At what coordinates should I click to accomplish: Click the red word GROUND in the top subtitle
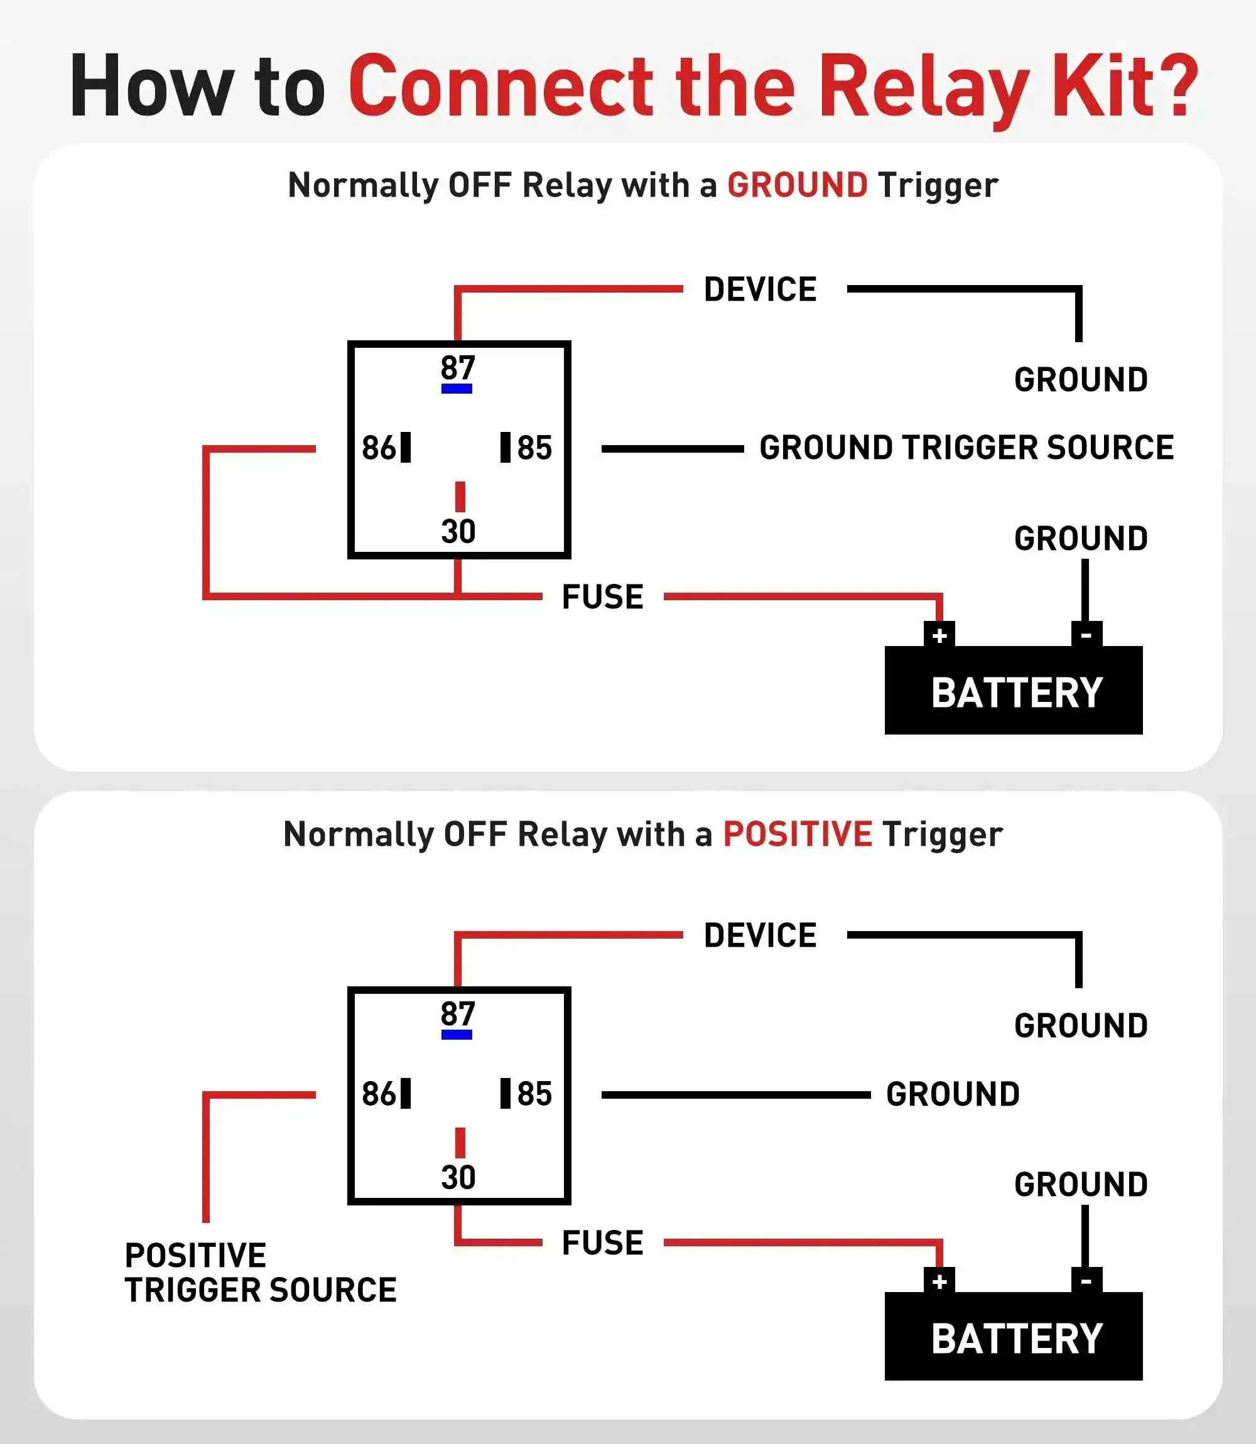point(797,186)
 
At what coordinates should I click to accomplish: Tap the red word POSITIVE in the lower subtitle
point(798,834)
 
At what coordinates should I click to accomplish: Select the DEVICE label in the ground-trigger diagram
point(761,289)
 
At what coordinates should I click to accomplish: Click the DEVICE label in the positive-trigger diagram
point(761,935)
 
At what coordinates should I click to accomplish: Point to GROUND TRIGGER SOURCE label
point(966,448)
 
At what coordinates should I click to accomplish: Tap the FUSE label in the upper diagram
point(603,597)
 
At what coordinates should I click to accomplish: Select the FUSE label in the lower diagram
point(603,1243)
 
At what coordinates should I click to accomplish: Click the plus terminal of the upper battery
point(939,635)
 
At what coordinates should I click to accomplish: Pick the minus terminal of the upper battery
point(1086,635)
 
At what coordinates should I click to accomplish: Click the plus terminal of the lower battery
point(939,1281)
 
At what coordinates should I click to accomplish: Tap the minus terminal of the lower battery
point(1086,1281)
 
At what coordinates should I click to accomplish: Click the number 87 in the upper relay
point(458,368)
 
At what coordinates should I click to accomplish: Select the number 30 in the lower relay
point(458,1177)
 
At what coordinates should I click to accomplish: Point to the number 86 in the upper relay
point(379,448)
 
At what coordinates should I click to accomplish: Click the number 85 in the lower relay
point(535,1094)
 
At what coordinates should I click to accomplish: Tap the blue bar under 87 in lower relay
point(457,1035)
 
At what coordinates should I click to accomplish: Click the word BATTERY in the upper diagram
point(1017,693)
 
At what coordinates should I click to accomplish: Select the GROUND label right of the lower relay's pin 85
point(953,1094)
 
